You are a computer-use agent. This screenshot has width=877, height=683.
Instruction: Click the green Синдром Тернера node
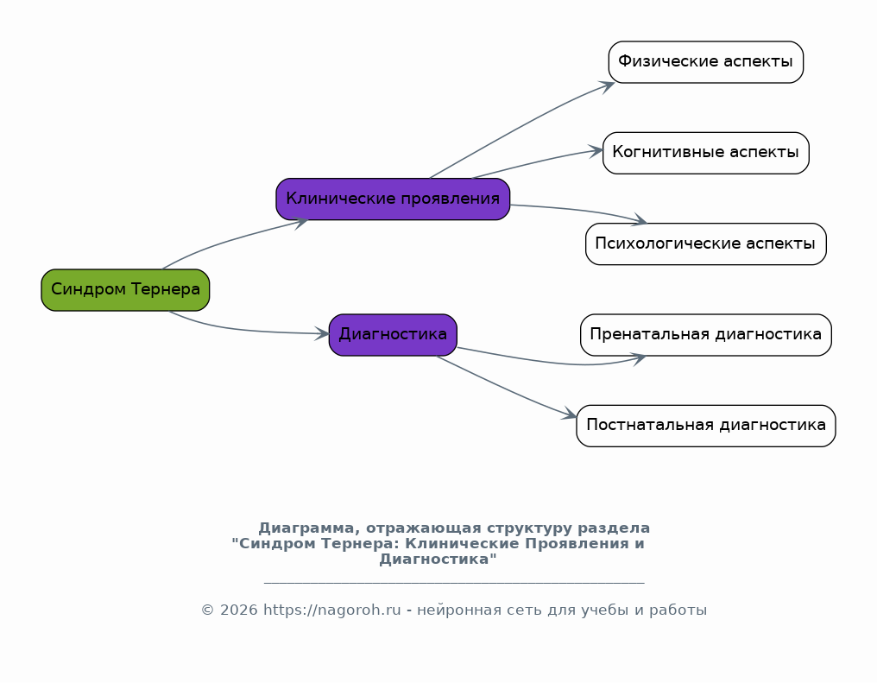pyautogui.click(x=125, y=290)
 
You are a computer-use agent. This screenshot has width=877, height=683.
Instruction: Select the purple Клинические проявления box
pyautogui.click(x=393, y=199)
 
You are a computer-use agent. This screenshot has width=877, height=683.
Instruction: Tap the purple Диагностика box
pyautogui.click(x=393, y=335)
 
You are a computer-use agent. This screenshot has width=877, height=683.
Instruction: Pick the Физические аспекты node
pyautogui.click(x=706, y=62)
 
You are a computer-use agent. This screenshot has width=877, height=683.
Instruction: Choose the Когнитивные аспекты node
pyautogui.click(x=706, y=154)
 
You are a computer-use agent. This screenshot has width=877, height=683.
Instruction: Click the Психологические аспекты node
pyautogui.click(x=706, y=243)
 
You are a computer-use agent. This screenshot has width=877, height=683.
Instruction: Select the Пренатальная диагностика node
pyautogui.click(x=706, y=335)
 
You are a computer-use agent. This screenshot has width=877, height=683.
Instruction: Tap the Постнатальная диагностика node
pyautogui.click(x=706, y=426)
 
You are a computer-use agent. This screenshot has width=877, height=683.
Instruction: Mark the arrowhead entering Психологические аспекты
pyautogui.click(x=640, y=220)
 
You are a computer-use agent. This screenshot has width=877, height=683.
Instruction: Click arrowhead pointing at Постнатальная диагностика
pyautogui.click(x=570, y=414)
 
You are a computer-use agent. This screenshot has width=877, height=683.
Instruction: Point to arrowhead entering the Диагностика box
pyautogui.click(x=322, y=334)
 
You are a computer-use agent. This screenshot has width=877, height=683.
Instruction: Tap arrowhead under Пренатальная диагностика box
pyautogui.click(x=639, y=358)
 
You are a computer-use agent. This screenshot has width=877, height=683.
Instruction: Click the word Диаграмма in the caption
pyautogui.click(x=306, y=528)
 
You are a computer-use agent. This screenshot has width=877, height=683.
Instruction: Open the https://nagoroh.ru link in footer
pyautogui.click(x=331, y=610)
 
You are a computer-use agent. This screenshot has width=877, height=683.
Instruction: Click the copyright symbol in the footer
pyautogui.click(x=207, y=610)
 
